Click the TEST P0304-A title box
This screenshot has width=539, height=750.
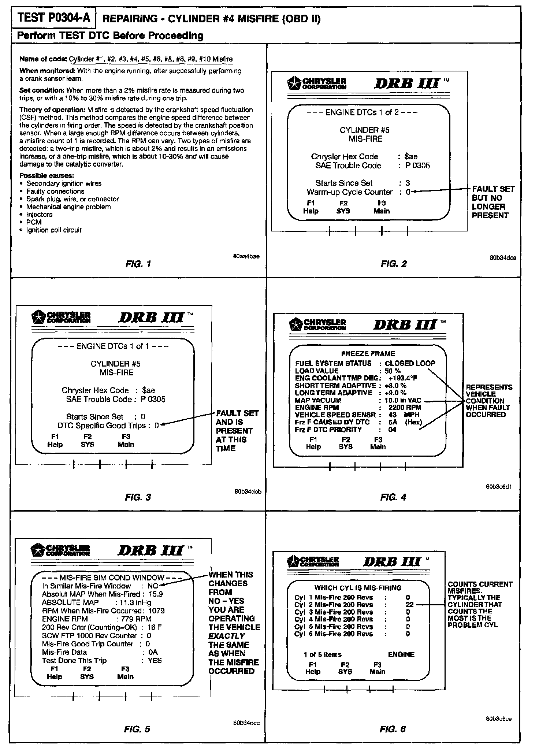point(53,18)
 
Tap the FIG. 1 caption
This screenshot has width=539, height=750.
point(138,264)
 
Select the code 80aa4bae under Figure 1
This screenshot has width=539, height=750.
point(246,256)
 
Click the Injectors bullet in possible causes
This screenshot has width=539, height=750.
point(39,215)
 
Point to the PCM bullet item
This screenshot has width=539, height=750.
point(34,222)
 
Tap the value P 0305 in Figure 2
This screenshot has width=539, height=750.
point(417,166)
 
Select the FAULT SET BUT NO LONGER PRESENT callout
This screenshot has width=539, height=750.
point(493,202)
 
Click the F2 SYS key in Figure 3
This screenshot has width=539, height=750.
point(88,441)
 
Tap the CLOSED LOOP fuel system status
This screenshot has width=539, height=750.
point(410,363)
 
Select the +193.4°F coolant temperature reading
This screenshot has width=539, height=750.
point(403,378)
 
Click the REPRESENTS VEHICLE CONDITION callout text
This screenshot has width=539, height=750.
point(488,401)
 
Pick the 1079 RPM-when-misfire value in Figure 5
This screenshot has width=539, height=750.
point(156,610)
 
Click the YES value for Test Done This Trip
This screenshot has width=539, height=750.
point(155,660)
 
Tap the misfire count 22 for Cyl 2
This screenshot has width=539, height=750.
point(410,605)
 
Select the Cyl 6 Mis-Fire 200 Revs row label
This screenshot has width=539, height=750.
point(334,634)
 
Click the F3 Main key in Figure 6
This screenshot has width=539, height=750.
point(377,668)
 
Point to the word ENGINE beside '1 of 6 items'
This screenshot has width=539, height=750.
point(401,654)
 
